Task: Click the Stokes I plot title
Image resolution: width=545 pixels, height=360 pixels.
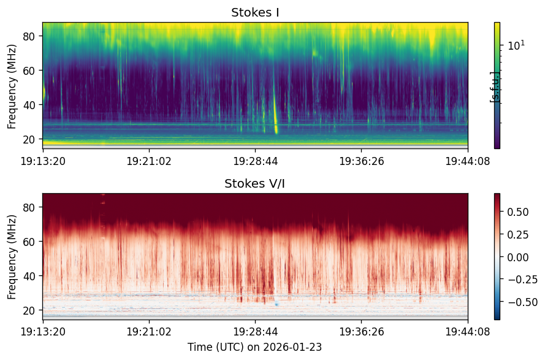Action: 255,12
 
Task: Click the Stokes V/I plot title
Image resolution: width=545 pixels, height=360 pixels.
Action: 255,183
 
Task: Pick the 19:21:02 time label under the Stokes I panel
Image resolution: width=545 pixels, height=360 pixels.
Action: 149,161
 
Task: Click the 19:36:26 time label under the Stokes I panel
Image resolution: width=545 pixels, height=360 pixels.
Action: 362,161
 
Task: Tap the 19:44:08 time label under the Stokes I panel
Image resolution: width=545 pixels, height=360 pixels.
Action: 468,161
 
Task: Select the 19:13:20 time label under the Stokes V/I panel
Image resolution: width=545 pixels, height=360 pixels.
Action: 43,331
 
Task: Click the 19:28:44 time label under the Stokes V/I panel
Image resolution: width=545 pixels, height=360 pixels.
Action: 256,331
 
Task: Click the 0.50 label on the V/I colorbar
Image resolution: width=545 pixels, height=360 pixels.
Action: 518,212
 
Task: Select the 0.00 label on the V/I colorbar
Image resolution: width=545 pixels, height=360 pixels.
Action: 518,258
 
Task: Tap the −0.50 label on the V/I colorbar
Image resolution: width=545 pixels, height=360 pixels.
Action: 522,302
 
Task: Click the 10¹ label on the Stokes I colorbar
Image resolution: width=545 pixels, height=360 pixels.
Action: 517,45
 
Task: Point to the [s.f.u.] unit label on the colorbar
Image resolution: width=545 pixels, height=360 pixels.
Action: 494,87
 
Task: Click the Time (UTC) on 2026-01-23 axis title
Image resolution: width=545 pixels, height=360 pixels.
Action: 255,347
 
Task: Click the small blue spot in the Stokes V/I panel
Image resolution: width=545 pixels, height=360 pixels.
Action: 276,304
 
